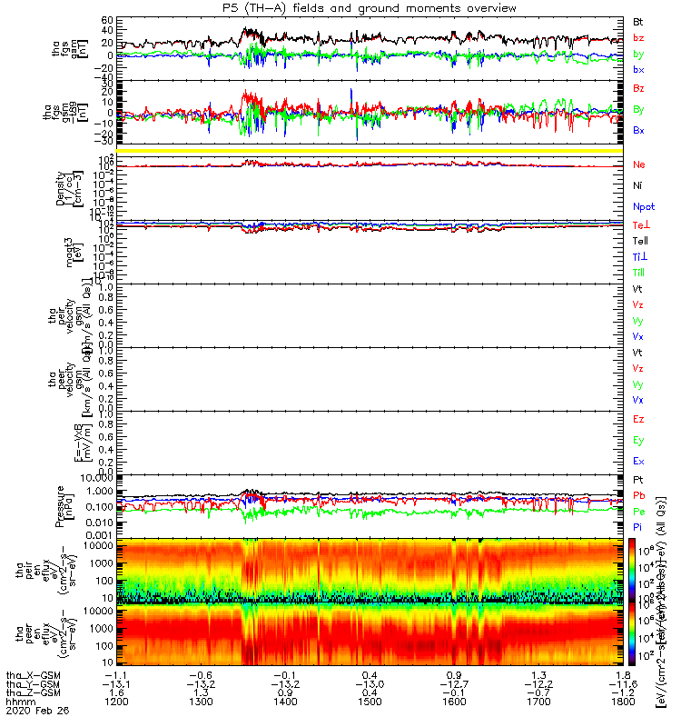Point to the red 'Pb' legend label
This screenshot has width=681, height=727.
pyautogui.click(x=638, y=496)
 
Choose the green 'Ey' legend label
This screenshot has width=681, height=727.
pyautogui.click(x=638, y=440)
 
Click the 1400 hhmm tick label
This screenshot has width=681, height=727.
pyautogui.click(x=284, y=702)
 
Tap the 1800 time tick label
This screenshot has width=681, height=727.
pyautogui.click(x=620, y=702)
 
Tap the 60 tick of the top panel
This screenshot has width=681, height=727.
pyautogui.click(x=106, y=20)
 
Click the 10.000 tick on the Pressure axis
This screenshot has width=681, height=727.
pyautogui.click(x=95, y=476)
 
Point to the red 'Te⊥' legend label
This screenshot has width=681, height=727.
pyautogui.click(x=640, y=224)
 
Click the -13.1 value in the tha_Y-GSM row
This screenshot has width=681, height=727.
pyautogui.click(x=116, y=683)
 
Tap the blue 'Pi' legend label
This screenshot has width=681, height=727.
pyautogui.click(x=637, y=525)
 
